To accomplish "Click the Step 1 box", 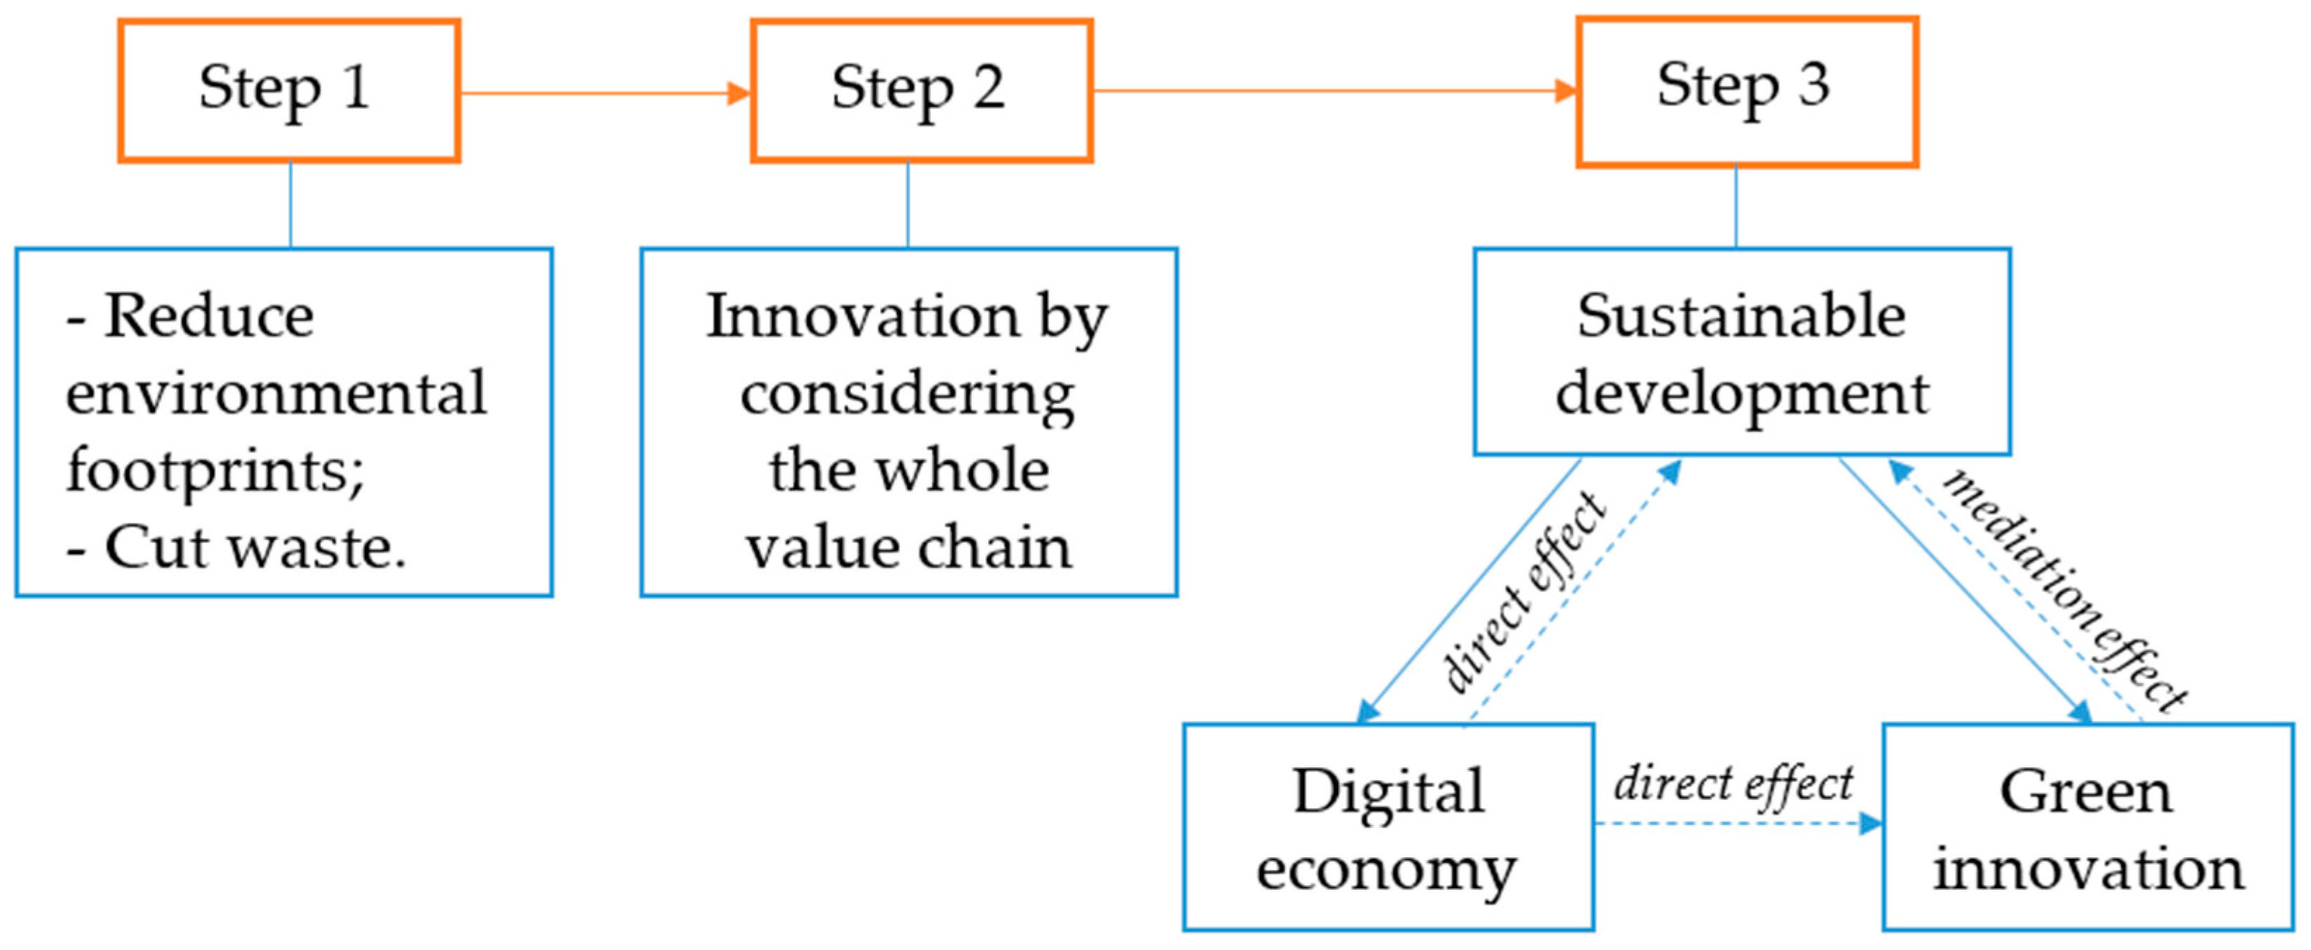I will pyautogui.click(x=288, y=91).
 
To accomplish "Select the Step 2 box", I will pyautogui.click(x=922, y=91).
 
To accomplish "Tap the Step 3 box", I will pyautogui.click(x=1747, y=91).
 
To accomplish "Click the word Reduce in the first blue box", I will pyautogui.click(x=209, y=317).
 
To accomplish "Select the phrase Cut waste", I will pyautogui.click(x=255, y=547).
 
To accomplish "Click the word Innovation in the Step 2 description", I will pyautogui.click(x=863, y=317).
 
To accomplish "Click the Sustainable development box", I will pyautogui.click(x=1741, y=352).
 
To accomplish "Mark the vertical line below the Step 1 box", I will pyautogui.click(x=291, y=204).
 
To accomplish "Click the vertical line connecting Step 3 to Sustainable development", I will pyautogui.click(x=1736, y=206).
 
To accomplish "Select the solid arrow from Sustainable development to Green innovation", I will pyautogui.click(x=1965, y=591).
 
